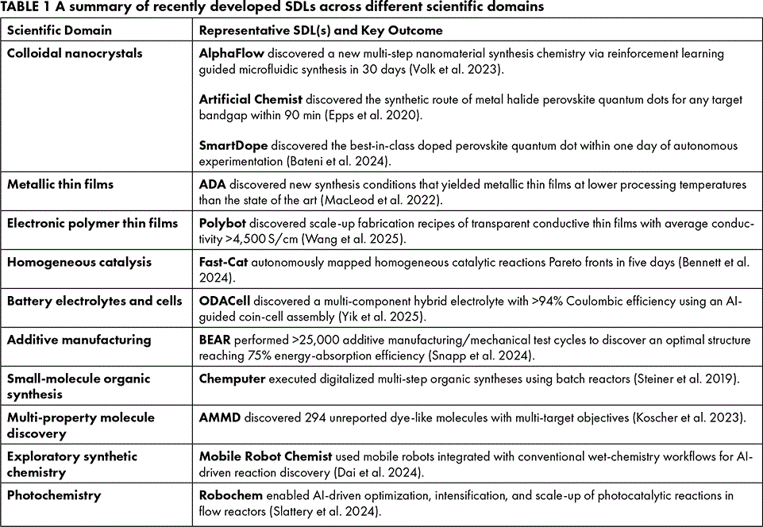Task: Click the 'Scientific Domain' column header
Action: point(60,31)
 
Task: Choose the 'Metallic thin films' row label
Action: point(60,184)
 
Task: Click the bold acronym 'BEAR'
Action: point(214,340)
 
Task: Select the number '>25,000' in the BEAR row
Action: point(315,340)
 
